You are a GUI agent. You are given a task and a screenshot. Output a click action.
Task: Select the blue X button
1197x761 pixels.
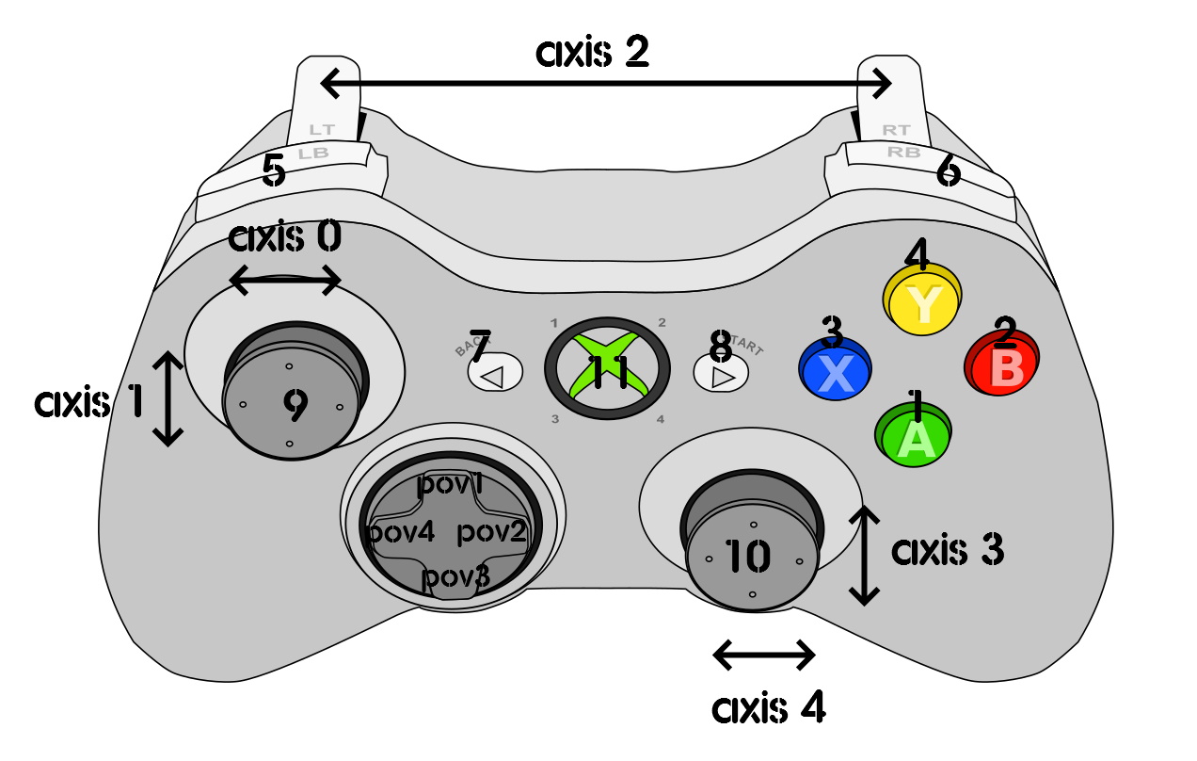[x=835, y=369]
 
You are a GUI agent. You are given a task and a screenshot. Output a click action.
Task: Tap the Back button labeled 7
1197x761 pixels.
[x=494, y=374]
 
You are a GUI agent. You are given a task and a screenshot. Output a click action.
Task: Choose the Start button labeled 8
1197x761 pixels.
[x=720, y=374]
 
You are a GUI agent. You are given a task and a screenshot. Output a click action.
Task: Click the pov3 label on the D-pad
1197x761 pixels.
[x=455, y=576]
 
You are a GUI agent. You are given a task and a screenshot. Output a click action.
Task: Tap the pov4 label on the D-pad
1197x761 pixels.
[x=401, y=532]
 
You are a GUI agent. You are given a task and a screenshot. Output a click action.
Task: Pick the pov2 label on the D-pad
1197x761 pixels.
[x=492, y=532]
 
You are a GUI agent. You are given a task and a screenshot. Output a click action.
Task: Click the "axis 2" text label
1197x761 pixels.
[x=592, y=54]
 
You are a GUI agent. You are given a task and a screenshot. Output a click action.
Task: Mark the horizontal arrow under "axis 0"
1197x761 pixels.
[x=285, y=279]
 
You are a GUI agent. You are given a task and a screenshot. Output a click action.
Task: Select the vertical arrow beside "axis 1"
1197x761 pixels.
[x=168, y=398]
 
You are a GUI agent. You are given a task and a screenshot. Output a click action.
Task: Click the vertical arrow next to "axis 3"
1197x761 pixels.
[x=864, y=555]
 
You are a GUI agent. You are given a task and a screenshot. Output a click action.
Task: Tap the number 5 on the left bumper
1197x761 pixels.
[x=274, y=171]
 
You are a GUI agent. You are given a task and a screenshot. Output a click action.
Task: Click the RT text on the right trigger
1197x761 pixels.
[x=895, y=130]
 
